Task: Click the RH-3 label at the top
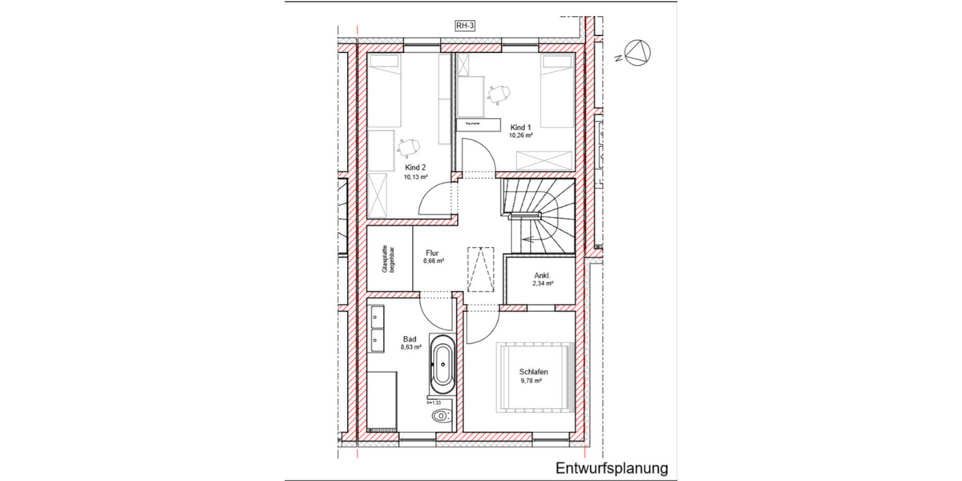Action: [463, 26]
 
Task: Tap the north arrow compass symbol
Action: [638, 53]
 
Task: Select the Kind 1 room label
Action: [519, 127]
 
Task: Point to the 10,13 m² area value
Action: [415, 176]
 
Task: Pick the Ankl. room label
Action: [543, 275]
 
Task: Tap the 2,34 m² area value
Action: [543, 284]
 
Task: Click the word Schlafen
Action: [532, 373]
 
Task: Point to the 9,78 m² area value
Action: [532, 382]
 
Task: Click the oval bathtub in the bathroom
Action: [442, 366]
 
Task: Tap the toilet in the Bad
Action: [441, 415]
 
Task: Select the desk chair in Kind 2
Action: [408, 146]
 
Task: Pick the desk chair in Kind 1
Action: [499, 93]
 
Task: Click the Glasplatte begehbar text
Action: [388, 259]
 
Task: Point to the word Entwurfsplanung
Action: [611, 467]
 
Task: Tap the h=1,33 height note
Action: [435, 402]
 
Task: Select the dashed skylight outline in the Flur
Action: [482, 270]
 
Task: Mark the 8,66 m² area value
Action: [433, 261]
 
